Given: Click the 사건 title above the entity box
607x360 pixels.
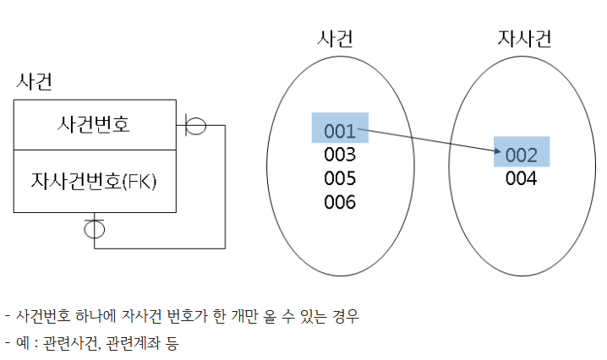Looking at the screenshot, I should click(35, 82).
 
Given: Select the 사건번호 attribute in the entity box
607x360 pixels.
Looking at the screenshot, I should click(94, 126).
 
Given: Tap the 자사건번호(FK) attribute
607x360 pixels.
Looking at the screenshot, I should click(95, 181).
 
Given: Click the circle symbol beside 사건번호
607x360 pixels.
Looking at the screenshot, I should click(195, 126).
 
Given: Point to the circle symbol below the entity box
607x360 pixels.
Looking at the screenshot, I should click(94, 228).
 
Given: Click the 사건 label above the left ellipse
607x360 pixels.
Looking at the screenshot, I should click(335, 38).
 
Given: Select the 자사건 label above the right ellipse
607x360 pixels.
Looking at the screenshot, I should click(525, 38).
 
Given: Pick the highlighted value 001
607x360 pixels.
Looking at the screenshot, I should click(339, 131).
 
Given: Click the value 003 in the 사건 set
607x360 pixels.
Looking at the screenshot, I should click(339, 155).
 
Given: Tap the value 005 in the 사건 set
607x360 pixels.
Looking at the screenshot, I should click(339, 179).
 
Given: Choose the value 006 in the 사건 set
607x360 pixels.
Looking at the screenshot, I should click(339, 203).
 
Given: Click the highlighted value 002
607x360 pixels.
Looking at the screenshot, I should click(521, 155).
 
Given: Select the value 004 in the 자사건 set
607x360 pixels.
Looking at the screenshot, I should click(521, 178).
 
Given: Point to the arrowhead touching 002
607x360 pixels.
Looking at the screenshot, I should click(498, 151).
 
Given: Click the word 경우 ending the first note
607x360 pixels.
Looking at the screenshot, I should click(347, 317).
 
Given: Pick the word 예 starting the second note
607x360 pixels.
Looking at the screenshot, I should click(21, 343).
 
